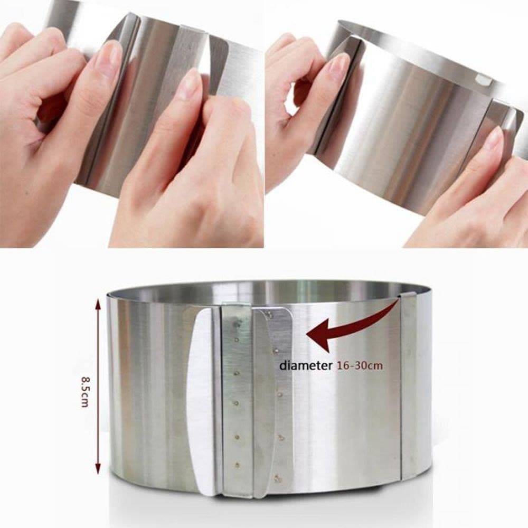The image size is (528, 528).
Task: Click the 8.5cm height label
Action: point(85,392)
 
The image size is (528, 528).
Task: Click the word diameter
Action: point(305,365)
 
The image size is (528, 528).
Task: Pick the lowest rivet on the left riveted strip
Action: point(238,466)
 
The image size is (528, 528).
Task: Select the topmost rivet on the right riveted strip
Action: point(271,315)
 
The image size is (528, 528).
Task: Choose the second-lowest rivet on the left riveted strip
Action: point(238,437)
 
